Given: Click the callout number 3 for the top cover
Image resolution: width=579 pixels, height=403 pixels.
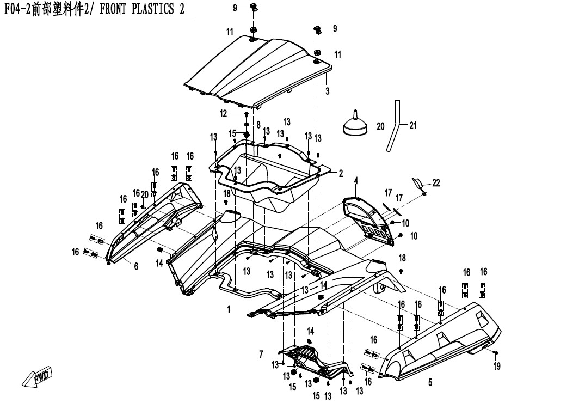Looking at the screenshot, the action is pos(327,90).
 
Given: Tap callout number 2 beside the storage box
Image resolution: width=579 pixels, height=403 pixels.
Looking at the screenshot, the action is pos(341,173).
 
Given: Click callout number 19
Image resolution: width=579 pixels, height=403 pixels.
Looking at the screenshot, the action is pos(497,366).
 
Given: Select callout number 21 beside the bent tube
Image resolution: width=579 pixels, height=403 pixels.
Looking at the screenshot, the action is pos(413,126).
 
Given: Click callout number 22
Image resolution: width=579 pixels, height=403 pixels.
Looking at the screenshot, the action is pos(436,183).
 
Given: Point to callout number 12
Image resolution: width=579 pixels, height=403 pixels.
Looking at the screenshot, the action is pos(224,114).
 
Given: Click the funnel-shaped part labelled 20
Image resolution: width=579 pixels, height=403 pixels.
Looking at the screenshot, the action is pos(355,124).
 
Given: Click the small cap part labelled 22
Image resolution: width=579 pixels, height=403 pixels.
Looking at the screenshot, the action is pos(417,183).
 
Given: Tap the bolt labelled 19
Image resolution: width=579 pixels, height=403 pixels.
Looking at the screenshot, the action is pos(495,352).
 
